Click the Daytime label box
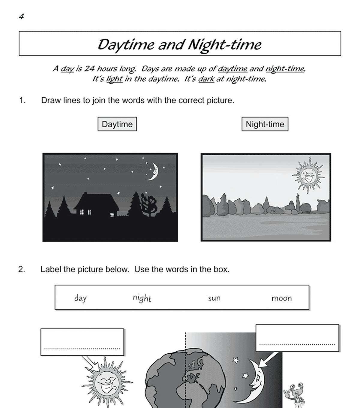point(117,124)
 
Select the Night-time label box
point(265,124)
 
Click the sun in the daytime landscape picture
point(308,174)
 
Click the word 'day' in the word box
point(80,298)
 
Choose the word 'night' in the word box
point(142,298)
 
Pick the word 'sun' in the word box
point(214,298)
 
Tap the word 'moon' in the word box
point(281,298)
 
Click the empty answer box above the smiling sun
point(82,342)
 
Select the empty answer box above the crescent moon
point(297,338)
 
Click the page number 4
point(21,17)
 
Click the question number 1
point(22,100)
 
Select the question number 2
point(22,269)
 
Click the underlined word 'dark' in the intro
point(206,79)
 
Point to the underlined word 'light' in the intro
point(114,79)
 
